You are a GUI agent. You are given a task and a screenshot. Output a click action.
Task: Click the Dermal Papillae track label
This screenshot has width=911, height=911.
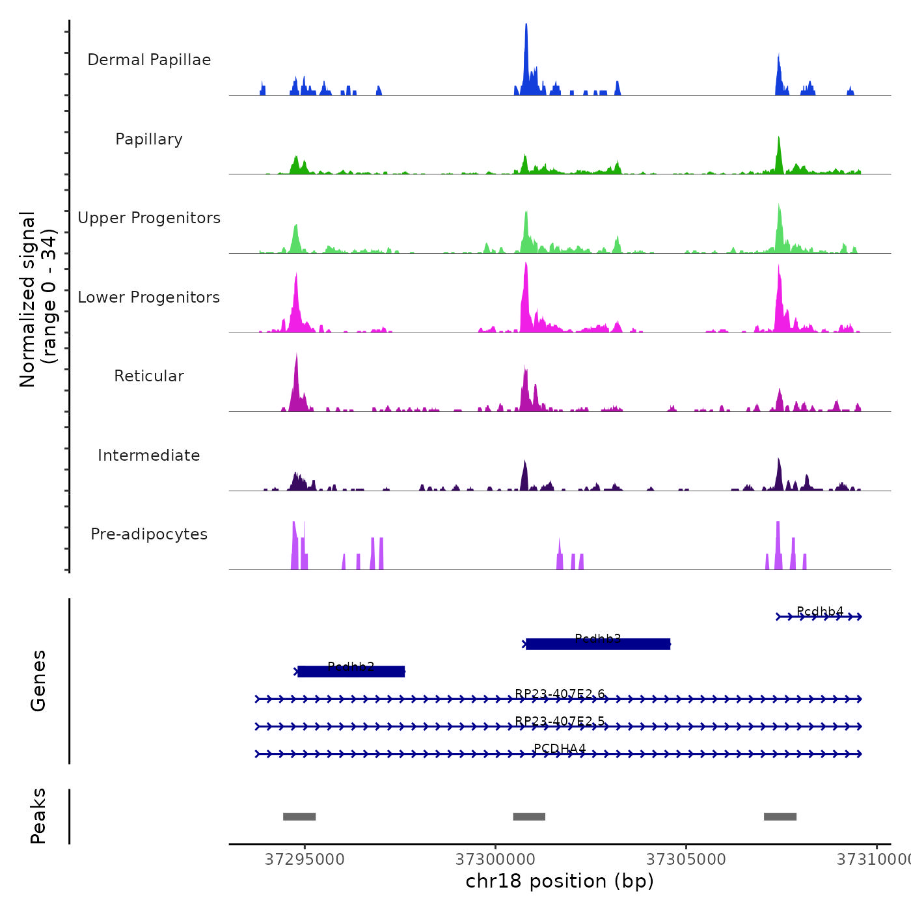(149, 60)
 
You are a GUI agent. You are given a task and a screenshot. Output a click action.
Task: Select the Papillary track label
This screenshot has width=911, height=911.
(149, 139)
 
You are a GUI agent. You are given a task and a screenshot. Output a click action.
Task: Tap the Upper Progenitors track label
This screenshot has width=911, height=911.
(149, 218)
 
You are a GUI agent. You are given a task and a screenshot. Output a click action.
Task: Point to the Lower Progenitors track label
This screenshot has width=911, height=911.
(149, 297)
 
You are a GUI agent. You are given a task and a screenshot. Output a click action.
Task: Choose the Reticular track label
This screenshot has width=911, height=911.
(149, 376)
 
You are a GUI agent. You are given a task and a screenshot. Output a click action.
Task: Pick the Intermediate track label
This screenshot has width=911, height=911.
(149, 455)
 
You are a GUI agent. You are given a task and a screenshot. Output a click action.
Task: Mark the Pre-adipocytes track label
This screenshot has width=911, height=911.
(149, 534)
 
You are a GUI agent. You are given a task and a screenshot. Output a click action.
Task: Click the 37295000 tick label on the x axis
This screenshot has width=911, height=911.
(305, 860)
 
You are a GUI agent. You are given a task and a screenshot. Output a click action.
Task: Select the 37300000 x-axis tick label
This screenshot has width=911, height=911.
(495, 860)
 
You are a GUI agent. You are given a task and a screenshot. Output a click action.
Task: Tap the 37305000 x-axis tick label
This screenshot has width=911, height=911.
(686, 860)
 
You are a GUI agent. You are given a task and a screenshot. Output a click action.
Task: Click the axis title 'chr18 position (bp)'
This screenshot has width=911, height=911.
(560, 881)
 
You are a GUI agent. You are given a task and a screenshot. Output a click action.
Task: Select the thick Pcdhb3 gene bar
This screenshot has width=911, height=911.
(598, 644)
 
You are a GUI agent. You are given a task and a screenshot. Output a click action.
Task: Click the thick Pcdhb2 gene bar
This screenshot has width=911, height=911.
(351, 672)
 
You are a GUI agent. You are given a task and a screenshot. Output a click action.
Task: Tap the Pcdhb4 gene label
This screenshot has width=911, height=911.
(820, 611)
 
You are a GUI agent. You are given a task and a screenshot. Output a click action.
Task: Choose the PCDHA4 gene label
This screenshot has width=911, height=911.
(560, 748)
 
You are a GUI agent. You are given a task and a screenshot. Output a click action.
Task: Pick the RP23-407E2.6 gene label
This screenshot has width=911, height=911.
(560, 694)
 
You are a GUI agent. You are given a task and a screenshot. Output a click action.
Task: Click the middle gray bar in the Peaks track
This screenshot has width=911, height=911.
(529, 817)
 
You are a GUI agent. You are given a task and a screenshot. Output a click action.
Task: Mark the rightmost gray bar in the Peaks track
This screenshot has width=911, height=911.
(780, 817)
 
